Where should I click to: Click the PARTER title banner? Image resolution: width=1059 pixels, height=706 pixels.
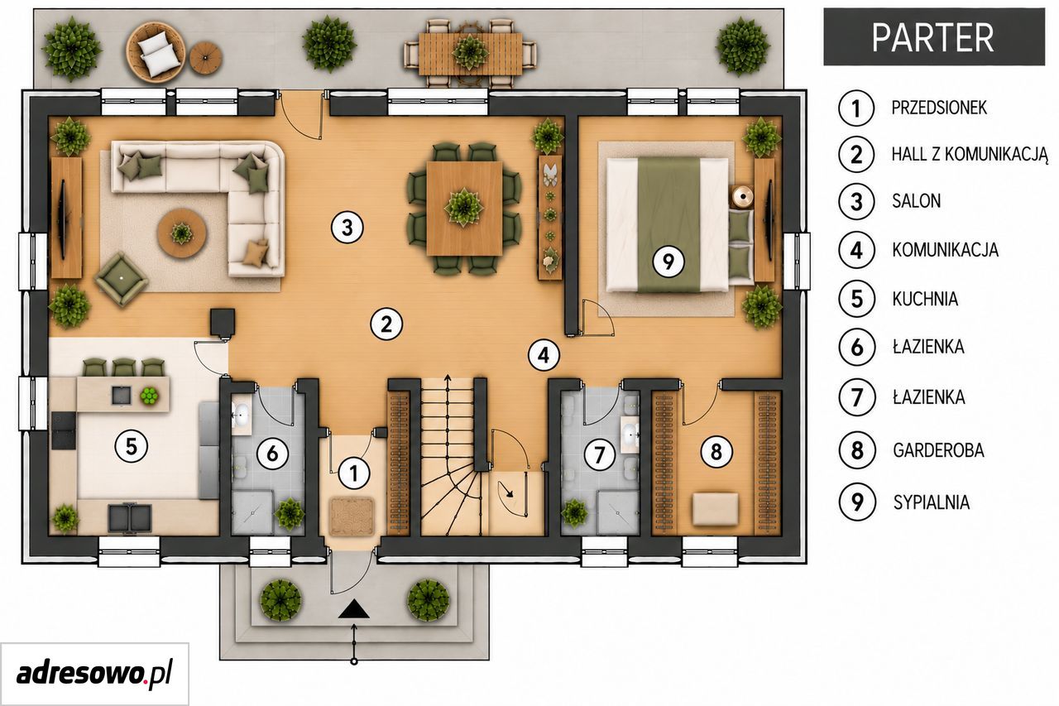pos(934,37)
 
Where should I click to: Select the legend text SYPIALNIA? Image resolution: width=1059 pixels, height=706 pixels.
pos(931,502)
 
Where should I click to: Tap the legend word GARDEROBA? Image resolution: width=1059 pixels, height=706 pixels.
pos(938,450)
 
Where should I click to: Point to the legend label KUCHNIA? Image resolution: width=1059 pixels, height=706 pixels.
pos(925,299)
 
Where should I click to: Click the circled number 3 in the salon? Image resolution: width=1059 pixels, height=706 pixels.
pos(347,228)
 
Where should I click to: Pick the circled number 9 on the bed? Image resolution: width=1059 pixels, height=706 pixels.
pos(668,261)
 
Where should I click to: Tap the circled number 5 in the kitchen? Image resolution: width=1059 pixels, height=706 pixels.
pos(132,446)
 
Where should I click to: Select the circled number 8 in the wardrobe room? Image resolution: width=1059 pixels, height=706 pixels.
pos(716,451)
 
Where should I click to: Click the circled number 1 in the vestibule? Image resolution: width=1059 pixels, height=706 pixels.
pos(354,473)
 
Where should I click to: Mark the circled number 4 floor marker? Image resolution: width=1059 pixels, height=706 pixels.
pos(544,354)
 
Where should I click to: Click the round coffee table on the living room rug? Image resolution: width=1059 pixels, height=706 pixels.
pos(182,233)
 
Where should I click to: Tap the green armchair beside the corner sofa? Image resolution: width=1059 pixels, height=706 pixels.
pos(122,279)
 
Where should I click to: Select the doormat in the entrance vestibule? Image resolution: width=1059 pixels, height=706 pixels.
pos(352,516)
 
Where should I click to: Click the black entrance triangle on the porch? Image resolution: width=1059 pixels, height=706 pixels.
pos(354,608)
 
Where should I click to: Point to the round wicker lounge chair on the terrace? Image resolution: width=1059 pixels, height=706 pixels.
pos(156,51)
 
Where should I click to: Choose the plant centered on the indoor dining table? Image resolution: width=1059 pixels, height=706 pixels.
pos(465,207)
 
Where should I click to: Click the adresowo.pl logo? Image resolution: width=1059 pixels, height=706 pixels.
pos(94,673)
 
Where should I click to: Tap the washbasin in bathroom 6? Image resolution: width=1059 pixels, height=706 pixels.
pos(242,415)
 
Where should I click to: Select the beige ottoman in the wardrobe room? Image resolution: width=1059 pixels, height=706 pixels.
pos(716,509)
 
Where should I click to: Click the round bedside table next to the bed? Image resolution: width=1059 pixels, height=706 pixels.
pos(743,197)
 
